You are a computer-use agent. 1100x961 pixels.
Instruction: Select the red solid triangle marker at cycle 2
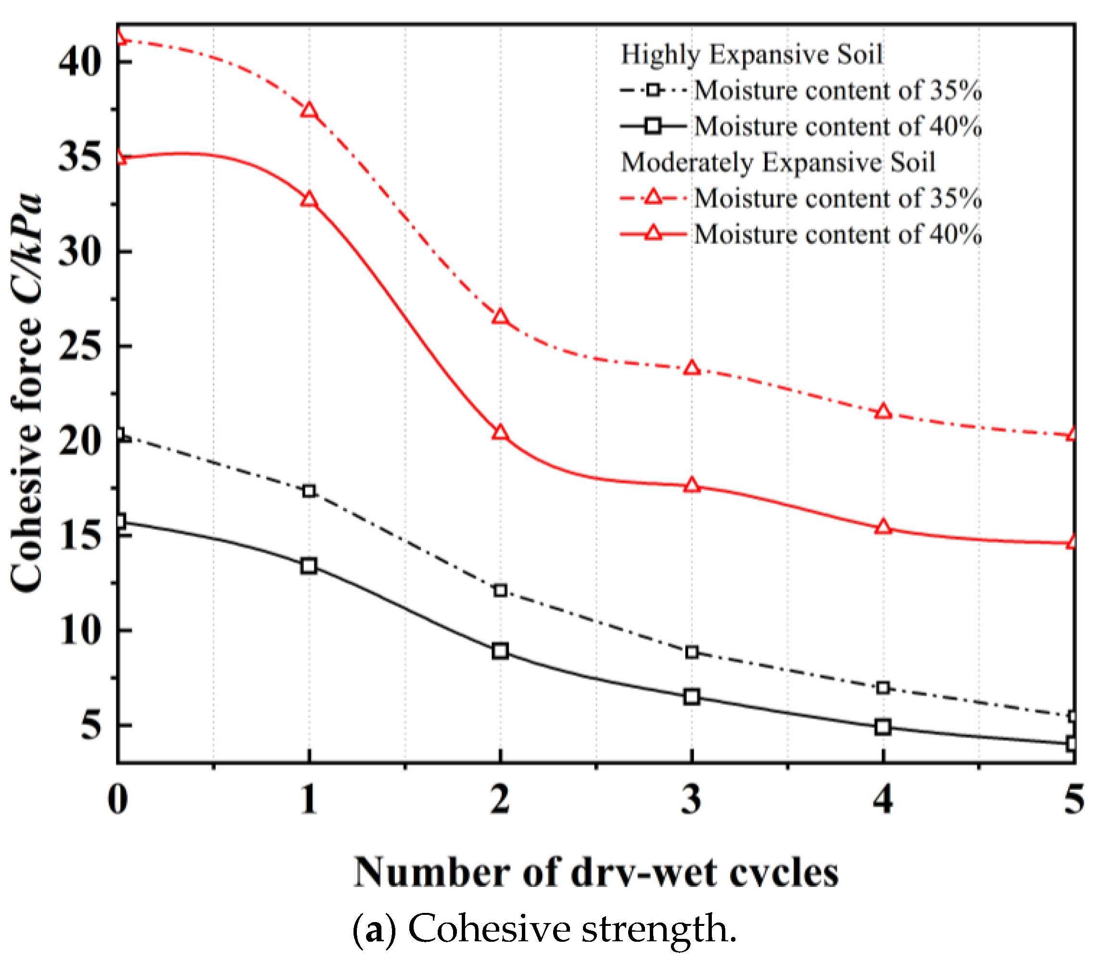coord(500,432)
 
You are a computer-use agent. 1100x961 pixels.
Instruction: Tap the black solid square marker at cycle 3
coord(692,697)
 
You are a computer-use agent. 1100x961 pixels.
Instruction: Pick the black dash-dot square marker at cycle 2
coord(500,590)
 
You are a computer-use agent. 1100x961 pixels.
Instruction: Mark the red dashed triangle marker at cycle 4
coord(883,412)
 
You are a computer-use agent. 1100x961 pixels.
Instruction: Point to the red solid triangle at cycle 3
coord(692,486)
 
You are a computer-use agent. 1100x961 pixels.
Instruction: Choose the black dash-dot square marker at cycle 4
coord(883,688)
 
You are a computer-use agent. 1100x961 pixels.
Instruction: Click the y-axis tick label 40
coord(80,62)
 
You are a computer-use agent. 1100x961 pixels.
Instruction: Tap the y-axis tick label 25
coord(80,347)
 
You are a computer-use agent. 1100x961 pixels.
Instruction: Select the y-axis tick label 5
coord(91,726)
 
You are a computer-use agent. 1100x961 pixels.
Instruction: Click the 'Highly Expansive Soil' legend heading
coord(751,55)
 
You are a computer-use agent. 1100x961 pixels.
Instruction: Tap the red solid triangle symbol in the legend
coord(653,234)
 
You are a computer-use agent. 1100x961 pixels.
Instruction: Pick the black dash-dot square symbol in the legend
coord(653,90)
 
